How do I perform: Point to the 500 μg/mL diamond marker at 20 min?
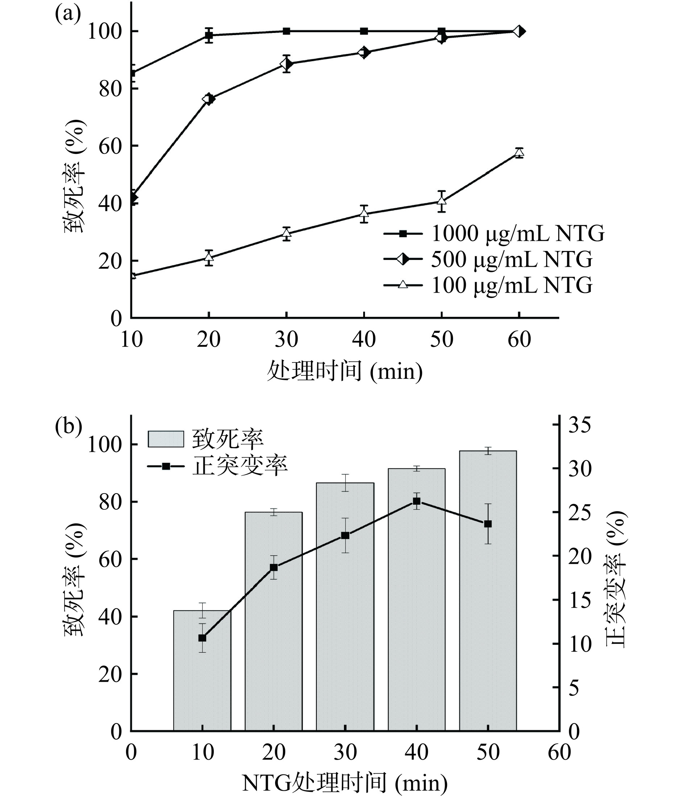pos(208,99)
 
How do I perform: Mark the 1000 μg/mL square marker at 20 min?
pos(208,36)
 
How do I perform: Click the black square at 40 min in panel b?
pos(416,501)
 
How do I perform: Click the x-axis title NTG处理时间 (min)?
pos(345,784)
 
